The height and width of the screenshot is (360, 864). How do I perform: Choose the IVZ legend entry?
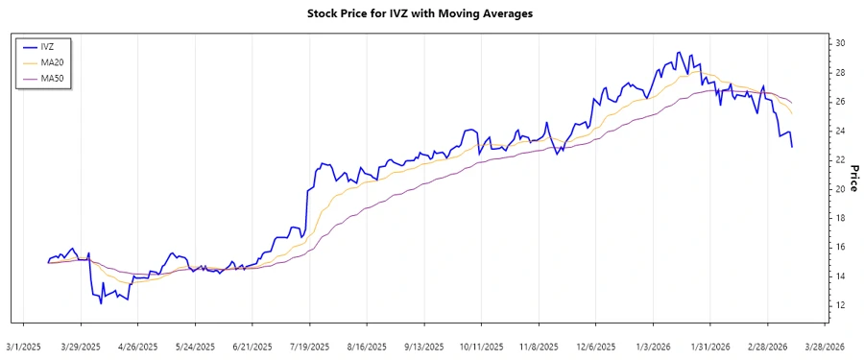click(x=47, y=45)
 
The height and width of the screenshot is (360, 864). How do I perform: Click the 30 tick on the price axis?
click(x=840, y=43)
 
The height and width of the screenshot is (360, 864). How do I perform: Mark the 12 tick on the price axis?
click(x=840, y=305)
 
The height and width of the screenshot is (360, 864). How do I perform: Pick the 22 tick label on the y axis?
click(x=840, y=159)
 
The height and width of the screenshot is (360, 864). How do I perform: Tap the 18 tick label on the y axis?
click(x=840, y=218)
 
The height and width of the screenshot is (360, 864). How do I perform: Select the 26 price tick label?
click(x=840, y=102)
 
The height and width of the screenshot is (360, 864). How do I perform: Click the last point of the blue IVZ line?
click(x=792, y=147)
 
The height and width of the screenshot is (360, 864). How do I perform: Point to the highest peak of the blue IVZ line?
click(x=679, y=52)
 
